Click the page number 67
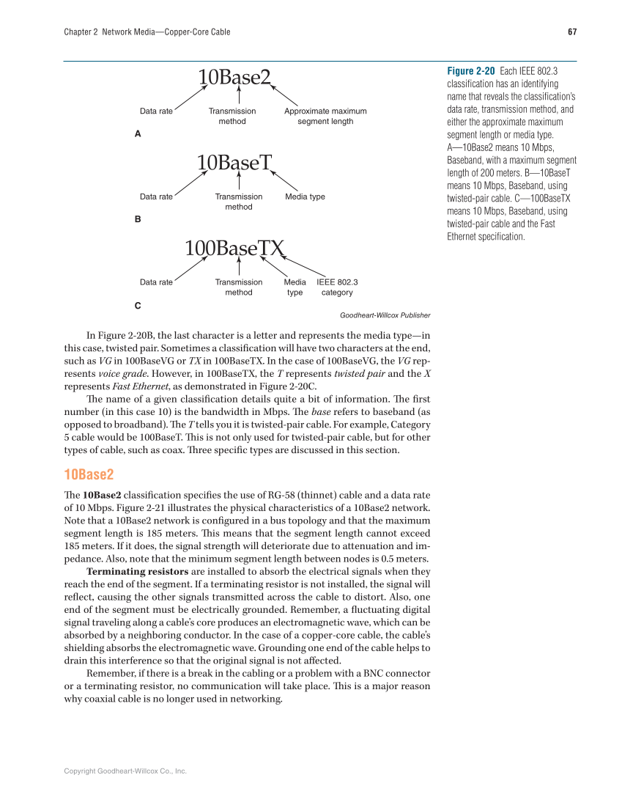572,32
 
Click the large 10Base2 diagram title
234,76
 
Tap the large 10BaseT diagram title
234,162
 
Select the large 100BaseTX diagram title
234,248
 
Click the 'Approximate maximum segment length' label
325,116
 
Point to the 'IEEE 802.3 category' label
337,287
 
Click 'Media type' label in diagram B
305,197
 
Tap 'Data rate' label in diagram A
156,111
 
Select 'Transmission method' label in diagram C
238,287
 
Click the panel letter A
138,134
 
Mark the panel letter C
138,304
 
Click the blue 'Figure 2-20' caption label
470,71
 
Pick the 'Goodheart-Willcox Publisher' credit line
385,315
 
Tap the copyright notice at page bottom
125,771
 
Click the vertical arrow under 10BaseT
240,181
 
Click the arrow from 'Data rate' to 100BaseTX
192,267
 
